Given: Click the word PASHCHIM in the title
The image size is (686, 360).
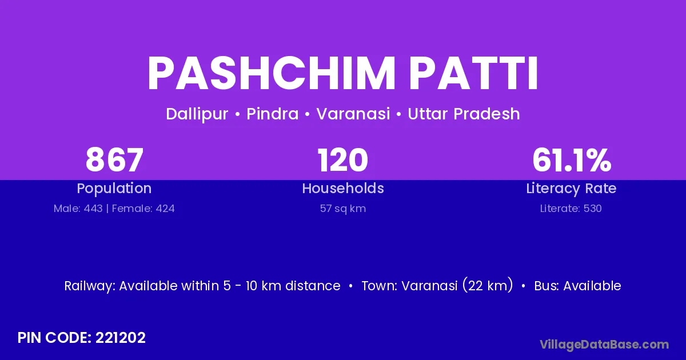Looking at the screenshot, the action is pyautogui.click(x=272, y=74).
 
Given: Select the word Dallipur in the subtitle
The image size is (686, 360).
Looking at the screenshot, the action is pyautogui.click(x=197, y=114).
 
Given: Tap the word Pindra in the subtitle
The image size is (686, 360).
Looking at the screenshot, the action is pyautogui.click(x=272, y=114).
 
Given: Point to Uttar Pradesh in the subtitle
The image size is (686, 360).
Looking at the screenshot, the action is pyautogui.click(x=464, y=114).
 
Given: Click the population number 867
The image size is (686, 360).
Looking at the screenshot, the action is pyautogui.click(x=114, y=160).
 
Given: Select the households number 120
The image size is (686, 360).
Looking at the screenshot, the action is pyautogui.click(x=342, y=160).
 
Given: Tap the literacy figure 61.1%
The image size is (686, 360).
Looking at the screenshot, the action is pyautogui.click(x=572, y=160).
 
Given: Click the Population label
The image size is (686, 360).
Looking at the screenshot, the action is pyautogui.click(x=114, y=189).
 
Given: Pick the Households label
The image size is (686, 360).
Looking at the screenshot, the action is pyautogui.click(x=342, y=188).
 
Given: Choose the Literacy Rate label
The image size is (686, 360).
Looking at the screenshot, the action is pyautogui.click(x=571, y=189).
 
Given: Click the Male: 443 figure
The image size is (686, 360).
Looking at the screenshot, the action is pyautogui.click(x=78, y=209).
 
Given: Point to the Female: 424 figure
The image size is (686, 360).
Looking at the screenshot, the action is pyautogui.click(x=143, y=209).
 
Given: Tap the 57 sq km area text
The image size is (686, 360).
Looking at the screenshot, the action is pyautogui.click(x=342, y=209).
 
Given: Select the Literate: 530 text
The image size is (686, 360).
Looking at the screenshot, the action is pyautogui.click(x=571, y=209).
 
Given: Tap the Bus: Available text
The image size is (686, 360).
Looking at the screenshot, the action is pyautogui.click(x=577, y=286).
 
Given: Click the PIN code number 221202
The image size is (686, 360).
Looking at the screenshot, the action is pyautogui.click(x=121, y=338).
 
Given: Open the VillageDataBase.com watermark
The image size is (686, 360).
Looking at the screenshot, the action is pyautogui.click(x=604, y=345).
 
